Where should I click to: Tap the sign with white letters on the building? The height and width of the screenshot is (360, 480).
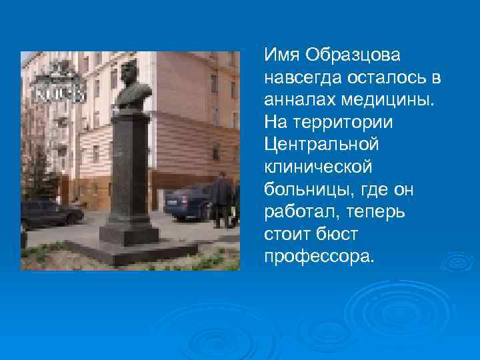click(x=60, y=94)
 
